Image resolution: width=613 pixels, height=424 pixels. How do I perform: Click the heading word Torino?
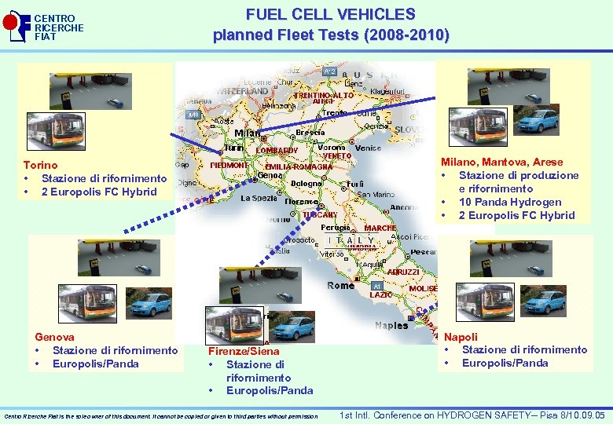pyautogui.click(x=40, y=166)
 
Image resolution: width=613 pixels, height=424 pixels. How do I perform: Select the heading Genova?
pyautogui.click(x=55, y=337)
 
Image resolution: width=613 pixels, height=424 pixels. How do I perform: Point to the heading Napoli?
pyautogui.click(x=461, y=336)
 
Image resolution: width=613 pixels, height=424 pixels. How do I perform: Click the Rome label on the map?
pyautogui.click(x=340, y=286)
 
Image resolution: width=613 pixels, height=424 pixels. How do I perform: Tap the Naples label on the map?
pyautogui.click(x=391, y=325)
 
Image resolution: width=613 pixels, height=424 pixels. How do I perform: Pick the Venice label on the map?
pyautogui.click(x=368, y=148)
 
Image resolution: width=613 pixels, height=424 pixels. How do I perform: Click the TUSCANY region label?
pyautogui.click(x=319, y=214)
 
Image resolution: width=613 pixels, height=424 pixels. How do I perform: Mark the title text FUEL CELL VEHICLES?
pyautogui.click(x=330, y=14)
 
